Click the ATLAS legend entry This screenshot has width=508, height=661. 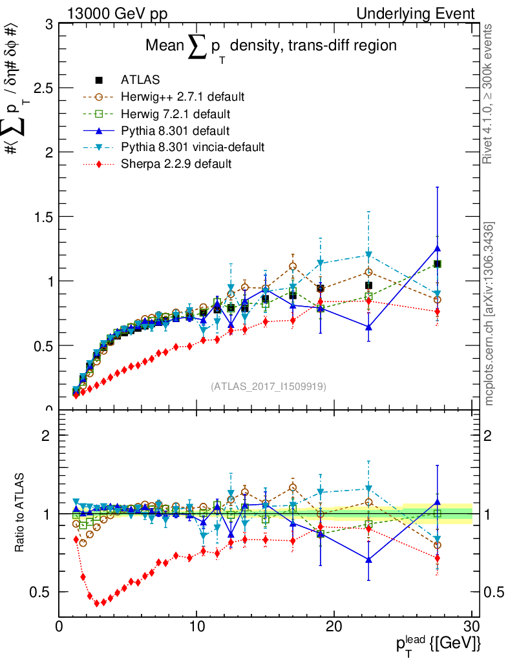tap(140, 80)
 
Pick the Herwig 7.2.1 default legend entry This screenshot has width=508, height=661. tap(176, 114)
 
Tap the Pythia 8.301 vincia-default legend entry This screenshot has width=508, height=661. tap(193, 147)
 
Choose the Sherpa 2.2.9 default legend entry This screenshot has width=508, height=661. tap(176, 164)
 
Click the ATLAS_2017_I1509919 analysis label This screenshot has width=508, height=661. tap(268, 387)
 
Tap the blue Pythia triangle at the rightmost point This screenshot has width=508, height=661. tap(438, 248)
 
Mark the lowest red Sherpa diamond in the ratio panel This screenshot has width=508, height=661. tap(97, 603)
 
